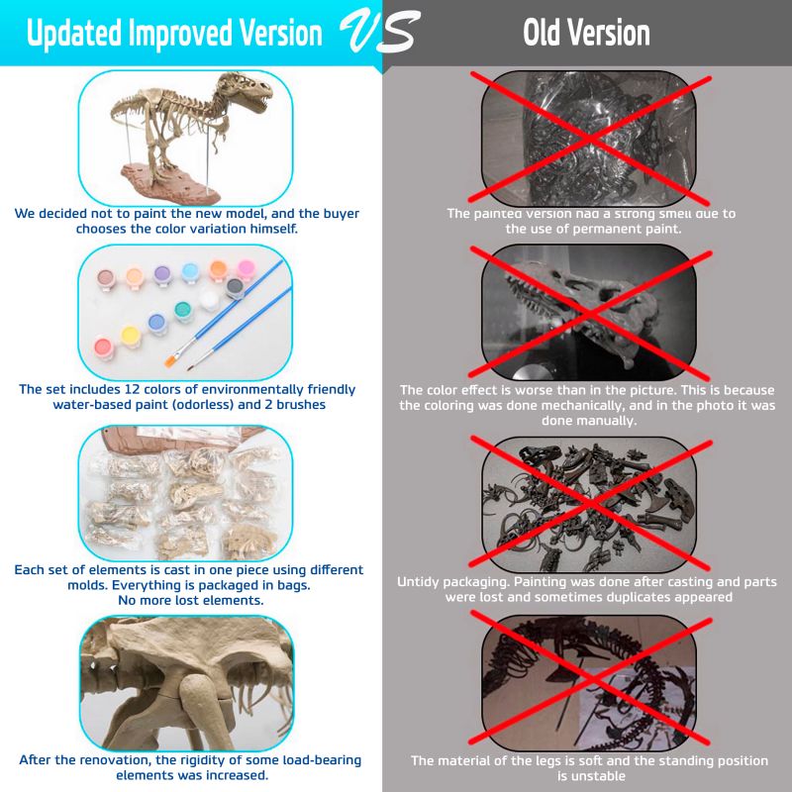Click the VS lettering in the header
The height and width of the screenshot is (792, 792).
pyautogui.click(x=380, y=32)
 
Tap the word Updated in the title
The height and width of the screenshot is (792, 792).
pyautogui.click(x=74, y=34)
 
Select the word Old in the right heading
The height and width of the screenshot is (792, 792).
pyautogui.click(x=542, y=33)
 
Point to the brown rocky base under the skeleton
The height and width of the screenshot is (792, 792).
pyautogui.click(x=170, y=183)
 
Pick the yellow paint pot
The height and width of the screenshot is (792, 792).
pyautogui.click(x=130, y=336)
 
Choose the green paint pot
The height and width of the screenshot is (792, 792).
pyautogui.click(x=183, y=310)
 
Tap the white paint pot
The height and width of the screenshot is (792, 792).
pyautogui.click(x=209, y=299)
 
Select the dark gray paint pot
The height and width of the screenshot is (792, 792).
pyautogui.click(x=235, y=287)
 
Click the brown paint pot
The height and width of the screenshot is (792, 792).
pyautogui.click(x=106, y=279)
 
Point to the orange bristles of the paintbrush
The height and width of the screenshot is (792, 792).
pyautogui.click(x=171, y=360)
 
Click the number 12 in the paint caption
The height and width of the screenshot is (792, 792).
pyautogui.click(x=130, y=389)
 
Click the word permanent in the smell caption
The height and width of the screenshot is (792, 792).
pyautogui.click(x=606, y=229)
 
